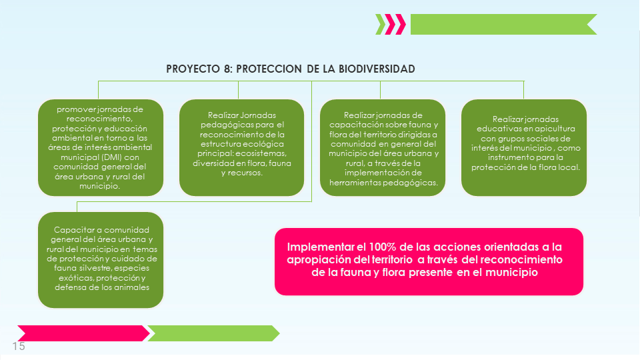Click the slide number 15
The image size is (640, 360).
point(19,346)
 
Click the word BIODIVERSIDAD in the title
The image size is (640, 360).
point(377,69)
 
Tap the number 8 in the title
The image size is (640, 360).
point(228,69)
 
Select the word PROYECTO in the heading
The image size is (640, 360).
point(193,69)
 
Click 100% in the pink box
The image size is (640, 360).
point(382,247)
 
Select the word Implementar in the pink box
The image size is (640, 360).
point(321,247)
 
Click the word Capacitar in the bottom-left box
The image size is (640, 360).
point(74,230)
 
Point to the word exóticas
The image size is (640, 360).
point(76,278)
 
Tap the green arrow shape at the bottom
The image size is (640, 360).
point(213,333)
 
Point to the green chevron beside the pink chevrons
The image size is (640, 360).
point(381,24)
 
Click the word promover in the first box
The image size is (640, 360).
point(76,109)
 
